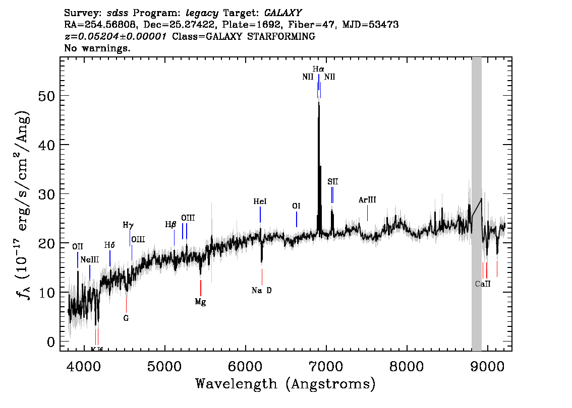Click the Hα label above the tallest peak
(x=318, y=69)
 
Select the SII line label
(x=333, y=181)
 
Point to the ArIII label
(x=367, y=199)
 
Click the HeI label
(x=260, y=201)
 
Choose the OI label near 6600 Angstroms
(x=296, y=206)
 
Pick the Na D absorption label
(x=262, y=290)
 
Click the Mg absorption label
(x=200, y=302)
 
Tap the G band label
(x=126, y=318)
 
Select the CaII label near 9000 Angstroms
(x=483, y=284)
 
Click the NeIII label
(x=89, y=259)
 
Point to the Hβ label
(x=170, y=225)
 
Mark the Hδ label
(x=109, y=245)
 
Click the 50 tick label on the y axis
(x=46, y=96)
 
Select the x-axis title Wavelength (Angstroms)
(x=285, y=384)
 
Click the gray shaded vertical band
(x=477, y=204)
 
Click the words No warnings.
(x=97, y=48)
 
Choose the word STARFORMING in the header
(x=281, y=36)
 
